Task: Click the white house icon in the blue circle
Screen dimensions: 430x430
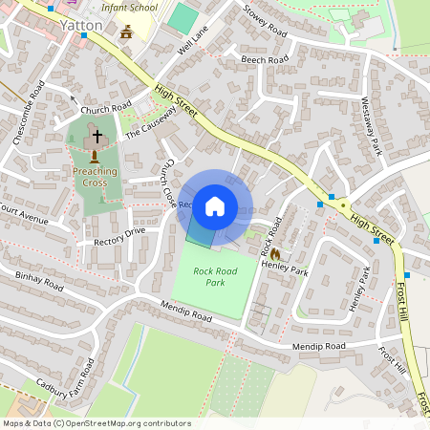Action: click(215, 205)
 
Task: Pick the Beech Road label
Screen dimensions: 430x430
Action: click(265, 60)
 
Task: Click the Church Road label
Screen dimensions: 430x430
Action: click(105, 109)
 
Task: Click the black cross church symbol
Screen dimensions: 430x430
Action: click(97, 137)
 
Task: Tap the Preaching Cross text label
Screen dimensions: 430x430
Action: click(95, 177)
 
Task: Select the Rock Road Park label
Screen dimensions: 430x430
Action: click(215, 277)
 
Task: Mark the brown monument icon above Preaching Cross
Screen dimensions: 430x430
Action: click(95, 155)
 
